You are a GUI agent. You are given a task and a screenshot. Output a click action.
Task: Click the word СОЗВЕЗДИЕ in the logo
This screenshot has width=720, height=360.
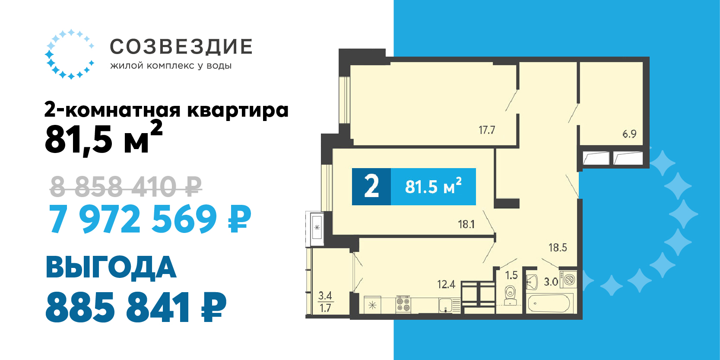tap(181, 47)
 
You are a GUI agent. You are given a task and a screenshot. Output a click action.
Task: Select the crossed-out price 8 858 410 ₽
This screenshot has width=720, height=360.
tap(126, 186)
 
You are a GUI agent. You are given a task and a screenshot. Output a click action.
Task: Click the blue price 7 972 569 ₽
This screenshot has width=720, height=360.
tap(150, 219)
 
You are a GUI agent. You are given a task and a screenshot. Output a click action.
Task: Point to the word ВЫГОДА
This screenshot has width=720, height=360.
tap(111, 267)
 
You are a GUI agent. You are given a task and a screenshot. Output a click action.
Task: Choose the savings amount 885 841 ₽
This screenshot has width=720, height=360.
tap(136, 307)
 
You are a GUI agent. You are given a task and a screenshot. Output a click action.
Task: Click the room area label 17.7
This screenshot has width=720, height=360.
tap(487, 130)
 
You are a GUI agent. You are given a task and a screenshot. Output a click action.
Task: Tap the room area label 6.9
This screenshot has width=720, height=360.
tap(629, 134)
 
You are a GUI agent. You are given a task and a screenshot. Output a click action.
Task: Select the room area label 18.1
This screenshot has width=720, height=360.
tap(466, 224)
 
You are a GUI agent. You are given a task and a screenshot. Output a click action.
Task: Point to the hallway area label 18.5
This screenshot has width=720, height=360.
tap(558, 248)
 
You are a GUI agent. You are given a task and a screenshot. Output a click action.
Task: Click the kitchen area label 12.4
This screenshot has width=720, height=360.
tap(446, 284)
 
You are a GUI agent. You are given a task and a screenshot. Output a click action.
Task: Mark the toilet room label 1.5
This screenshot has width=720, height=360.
tap(511, 275)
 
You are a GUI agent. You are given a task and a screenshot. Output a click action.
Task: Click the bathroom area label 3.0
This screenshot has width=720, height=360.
tap(551, 282)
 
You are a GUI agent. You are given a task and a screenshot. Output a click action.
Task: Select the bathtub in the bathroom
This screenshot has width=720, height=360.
tap(549, 303)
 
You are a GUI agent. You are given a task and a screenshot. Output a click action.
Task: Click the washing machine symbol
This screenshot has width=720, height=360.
tap(568, 279)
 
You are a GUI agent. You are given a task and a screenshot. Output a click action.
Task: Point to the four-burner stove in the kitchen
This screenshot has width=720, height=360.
tap(403, 304)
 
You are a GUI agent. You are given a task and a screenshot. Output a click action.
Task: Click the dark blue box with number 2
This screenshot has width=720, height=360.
tap(371, 187)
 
